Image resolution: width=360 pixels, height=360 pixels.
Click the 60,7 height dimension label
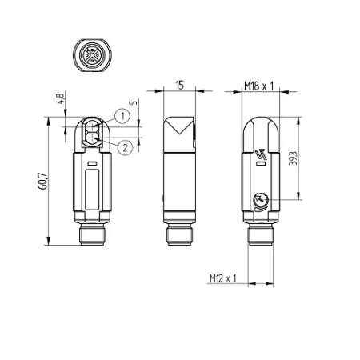43,182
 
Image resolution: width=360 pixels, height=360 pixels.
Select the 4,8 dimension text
61,98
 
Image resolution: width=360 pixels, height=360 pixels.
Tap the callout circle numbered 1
122,116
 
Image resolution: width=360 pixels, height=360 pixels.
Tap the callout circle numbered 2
125,147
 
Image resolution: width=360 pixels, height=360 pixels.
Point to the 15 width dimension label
180,85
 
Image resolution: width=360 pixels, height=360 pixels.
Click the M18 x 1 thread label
259,86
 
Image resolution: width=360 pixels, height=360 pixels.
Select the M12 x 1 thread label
223,278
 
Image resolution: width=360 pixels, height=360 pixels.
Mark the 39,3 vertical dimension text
293,158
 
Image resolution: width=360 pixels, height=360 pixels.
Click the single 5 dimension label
134,102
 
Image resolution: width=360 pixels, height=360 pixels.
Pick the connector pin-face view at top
92,55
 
